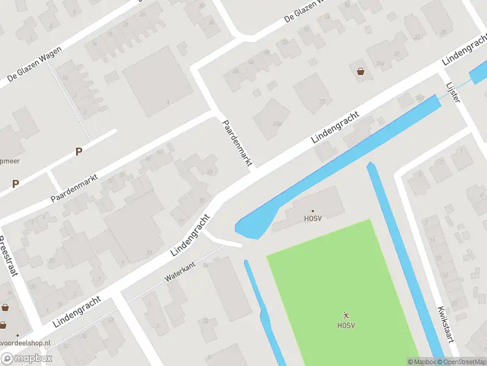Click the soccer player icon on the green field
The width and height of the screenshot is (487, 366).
346,315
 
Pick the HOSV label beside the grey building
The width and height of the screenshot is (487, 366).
314,218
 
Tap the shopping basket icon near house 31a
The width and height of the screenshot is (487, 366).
361,71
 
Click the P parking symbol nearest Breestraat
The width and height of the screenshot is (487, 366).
15,184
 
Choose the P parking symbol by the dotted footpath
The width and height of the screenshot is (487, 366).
79,152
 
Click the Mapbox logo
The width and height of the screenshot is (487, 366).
27,359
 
